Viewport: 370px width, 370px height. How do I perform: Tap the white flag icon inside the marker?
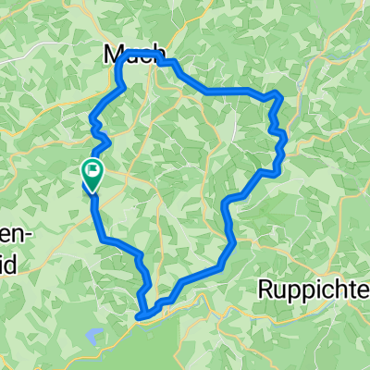pos(93,169)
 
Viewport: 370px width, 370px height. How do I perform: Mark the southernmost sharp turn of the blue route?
pos(141,317)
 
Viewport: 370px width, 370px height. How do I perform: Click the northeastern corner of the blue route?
pos(277,94)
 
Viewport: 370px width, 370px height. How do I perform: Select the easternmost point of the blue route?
pos(285,139)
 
